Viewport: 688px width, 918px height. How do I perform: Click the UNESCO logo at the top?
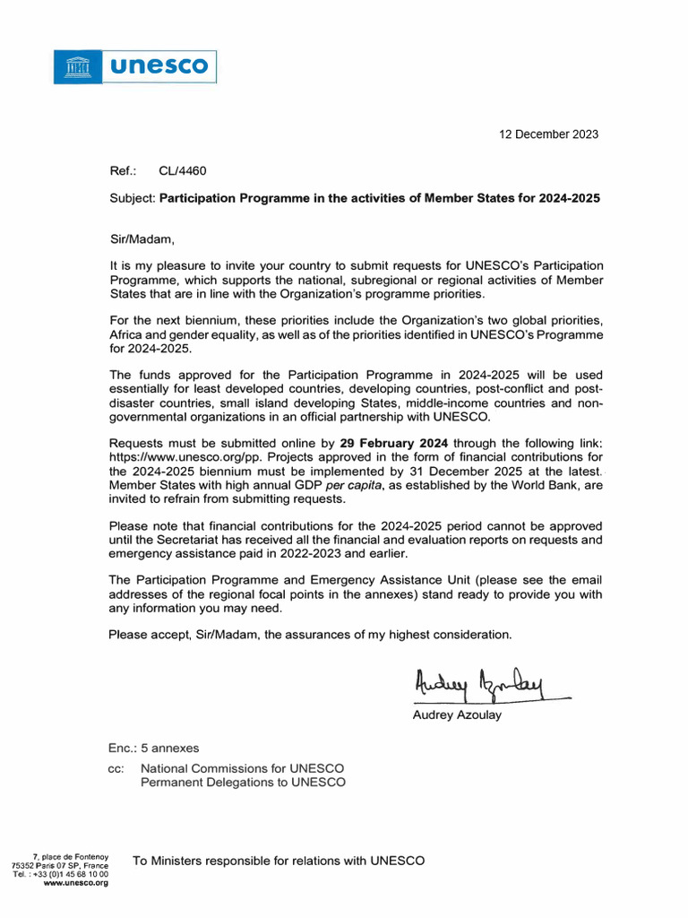135,66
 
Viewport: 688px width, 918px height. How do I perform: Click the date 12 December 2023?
547,134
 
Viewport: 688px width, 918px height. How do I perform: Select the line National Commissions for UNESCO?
242,768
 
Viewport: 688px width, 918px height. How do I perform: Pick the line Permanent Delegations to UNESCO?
243,783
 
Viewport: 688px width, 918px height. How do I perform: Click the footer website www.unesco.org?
76,883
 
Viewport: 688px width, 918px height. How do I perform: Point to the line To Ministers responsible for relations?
279,862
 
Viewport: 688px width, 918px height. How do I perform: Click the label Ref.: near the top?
122,170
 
